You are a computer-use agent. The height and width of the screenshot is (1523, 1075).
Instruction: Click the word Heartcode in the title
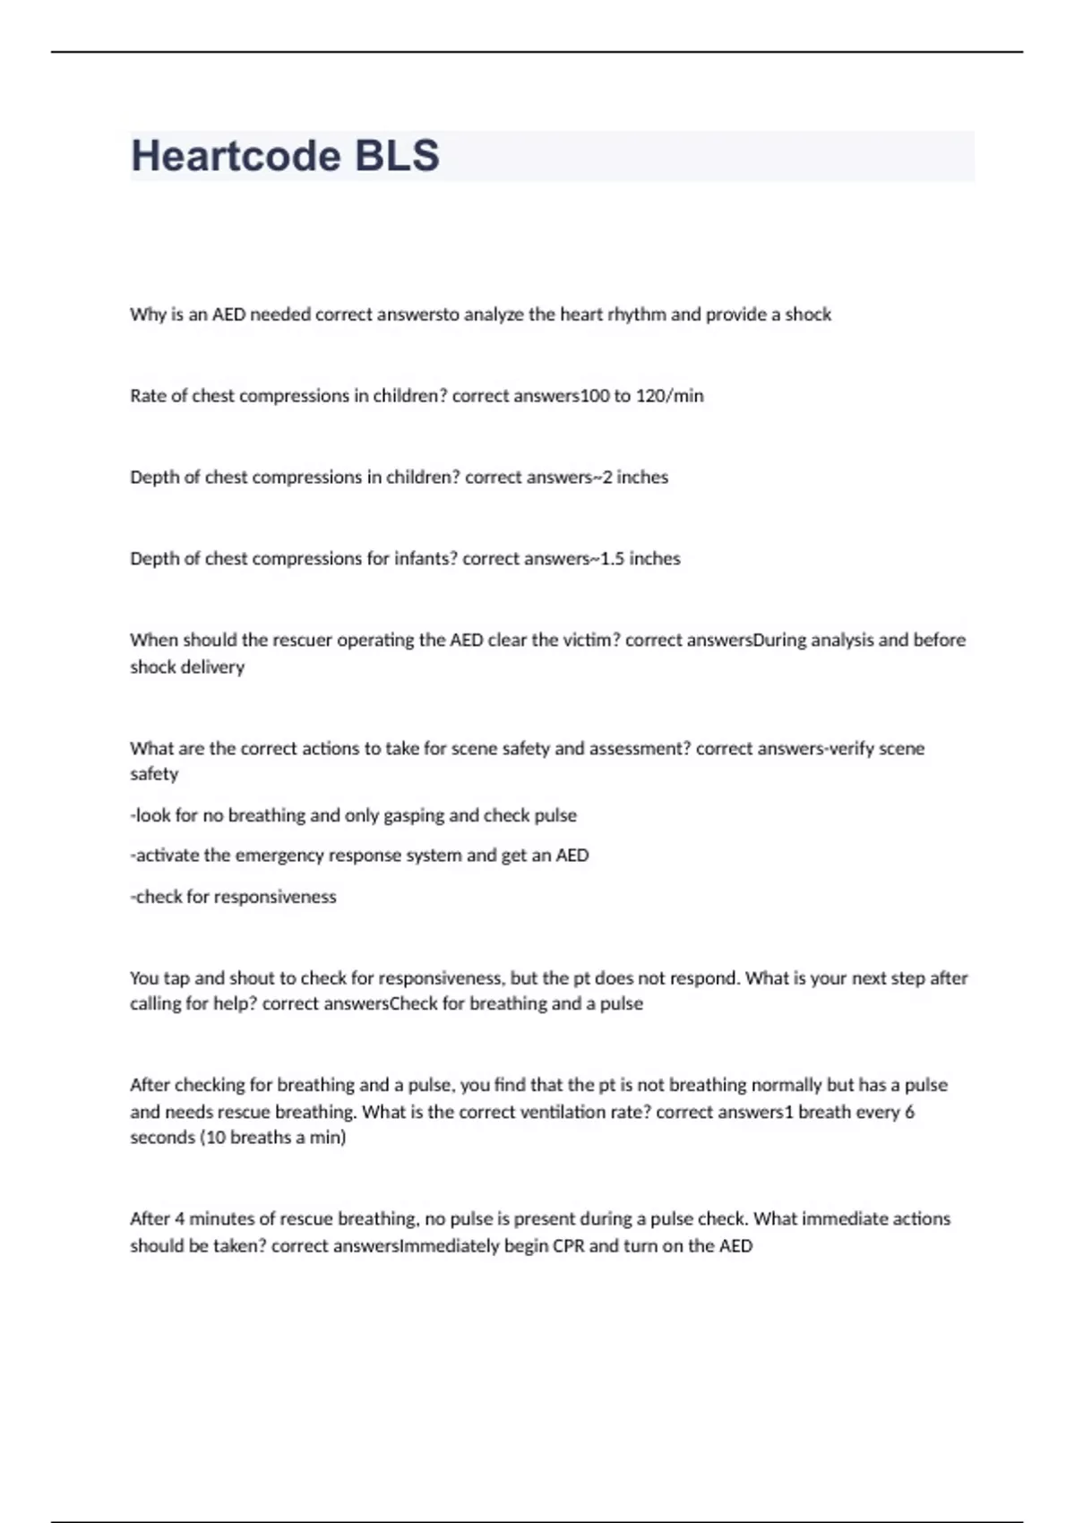[x=235, y=156]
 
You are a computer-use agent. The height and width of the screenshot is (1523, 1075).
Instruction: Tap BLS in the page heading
[x=397, y=156]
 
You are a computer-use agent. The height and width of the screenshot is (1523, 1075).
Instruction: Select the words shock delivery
[x=187, y=667]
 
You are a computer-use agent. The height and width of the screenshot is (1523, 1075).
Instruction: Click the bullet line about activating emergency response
[x=359, y=856]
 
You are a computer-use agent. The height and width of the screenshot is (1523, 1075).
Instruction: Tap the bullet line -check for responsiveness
[x=234, y=897]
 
